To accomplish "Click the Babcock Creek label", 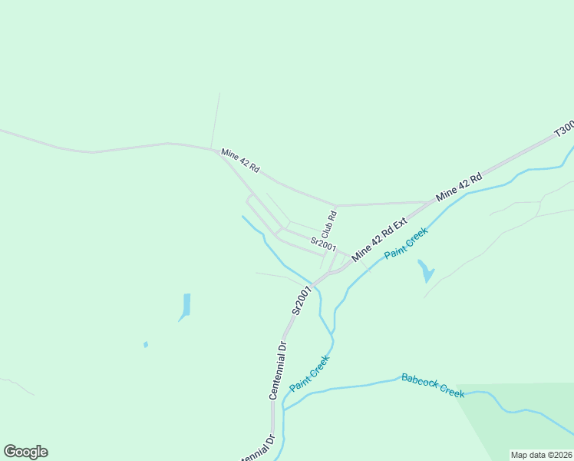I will pyautogui.click(x=433, y=385).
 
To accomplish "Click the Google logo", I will pyautogui.click(x=25, y=452).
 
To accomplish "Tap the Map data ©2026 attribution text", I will pyautogui.click(x=541, y=455).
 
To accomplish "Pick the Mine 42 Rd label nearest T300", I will pyautogui.click(x=458, y=187).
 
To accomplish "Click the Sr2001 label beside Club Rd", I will pyautogui.click(x=323, y=244).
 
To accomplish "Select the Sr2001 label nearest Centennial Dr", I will pyautogui.click(x=302, y=300).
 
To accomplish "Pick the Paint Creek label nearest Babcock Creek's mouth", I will pyautogui.click(x=310, y=373).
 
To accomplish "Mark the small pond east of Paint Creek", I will pyautogui.click(x=426, y=270).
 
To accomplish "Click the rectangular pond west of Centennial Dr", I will pyautogui.click(x=186, y=305).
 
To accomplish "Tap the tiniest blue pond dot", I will pyautogui.click(x=146, y=345).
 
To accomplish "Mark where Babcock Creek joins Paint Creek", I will pyautogui.click(x=284, y=406).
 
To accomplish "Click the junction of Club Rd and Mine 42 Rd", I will pyautogui.click(x=336, y=206).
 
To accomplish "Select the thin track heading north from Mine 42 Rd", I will pyautogui.click(x=216, y=119).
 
